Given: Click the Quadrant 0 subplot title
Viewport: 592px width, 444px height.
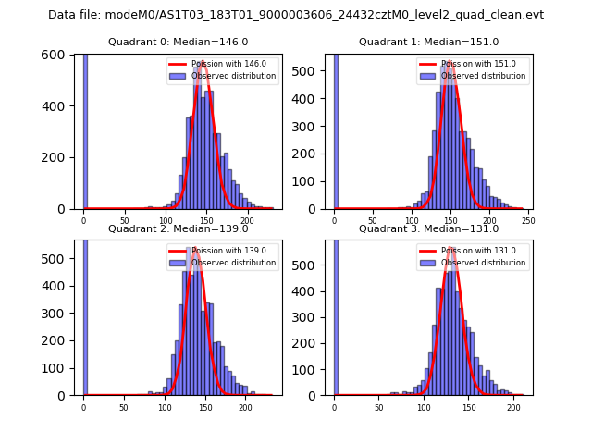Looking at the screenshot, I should tap(179, 43).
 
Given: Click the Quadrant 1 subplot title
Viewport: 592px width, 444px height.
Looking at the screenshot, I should tap(428, 43).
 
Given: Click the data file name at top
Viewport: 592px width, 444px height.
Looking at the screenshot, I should tap(296, 15).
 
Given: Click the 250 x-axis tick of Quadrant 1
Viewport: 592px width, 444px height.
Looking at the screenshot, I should tap(528, 220).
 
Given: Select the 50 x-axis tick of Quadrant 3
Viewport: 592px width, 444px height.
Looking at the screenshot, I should tap(378, 406).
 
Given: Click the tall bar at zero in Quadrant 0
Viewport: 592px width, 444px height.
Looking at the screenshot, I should tap(85, 129).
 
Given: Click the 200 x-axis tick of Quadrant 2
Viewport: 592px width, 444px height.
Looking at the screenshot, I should tap(245, 406).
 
